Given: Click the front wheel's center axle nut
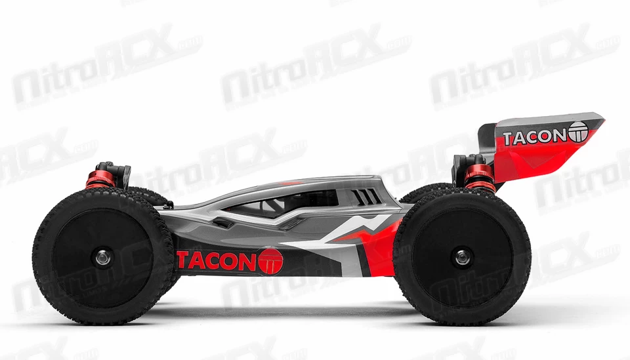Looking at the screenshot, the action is (103, 257).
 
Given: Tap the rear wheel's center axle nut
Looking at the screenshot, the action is (461, 256).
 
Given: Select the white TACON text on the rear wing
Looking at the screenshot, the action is (534, 137).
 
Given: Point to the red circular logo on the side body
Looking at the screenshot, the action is (271, 261).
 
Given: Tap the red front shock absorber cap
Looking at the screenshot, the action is (100, 179).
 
